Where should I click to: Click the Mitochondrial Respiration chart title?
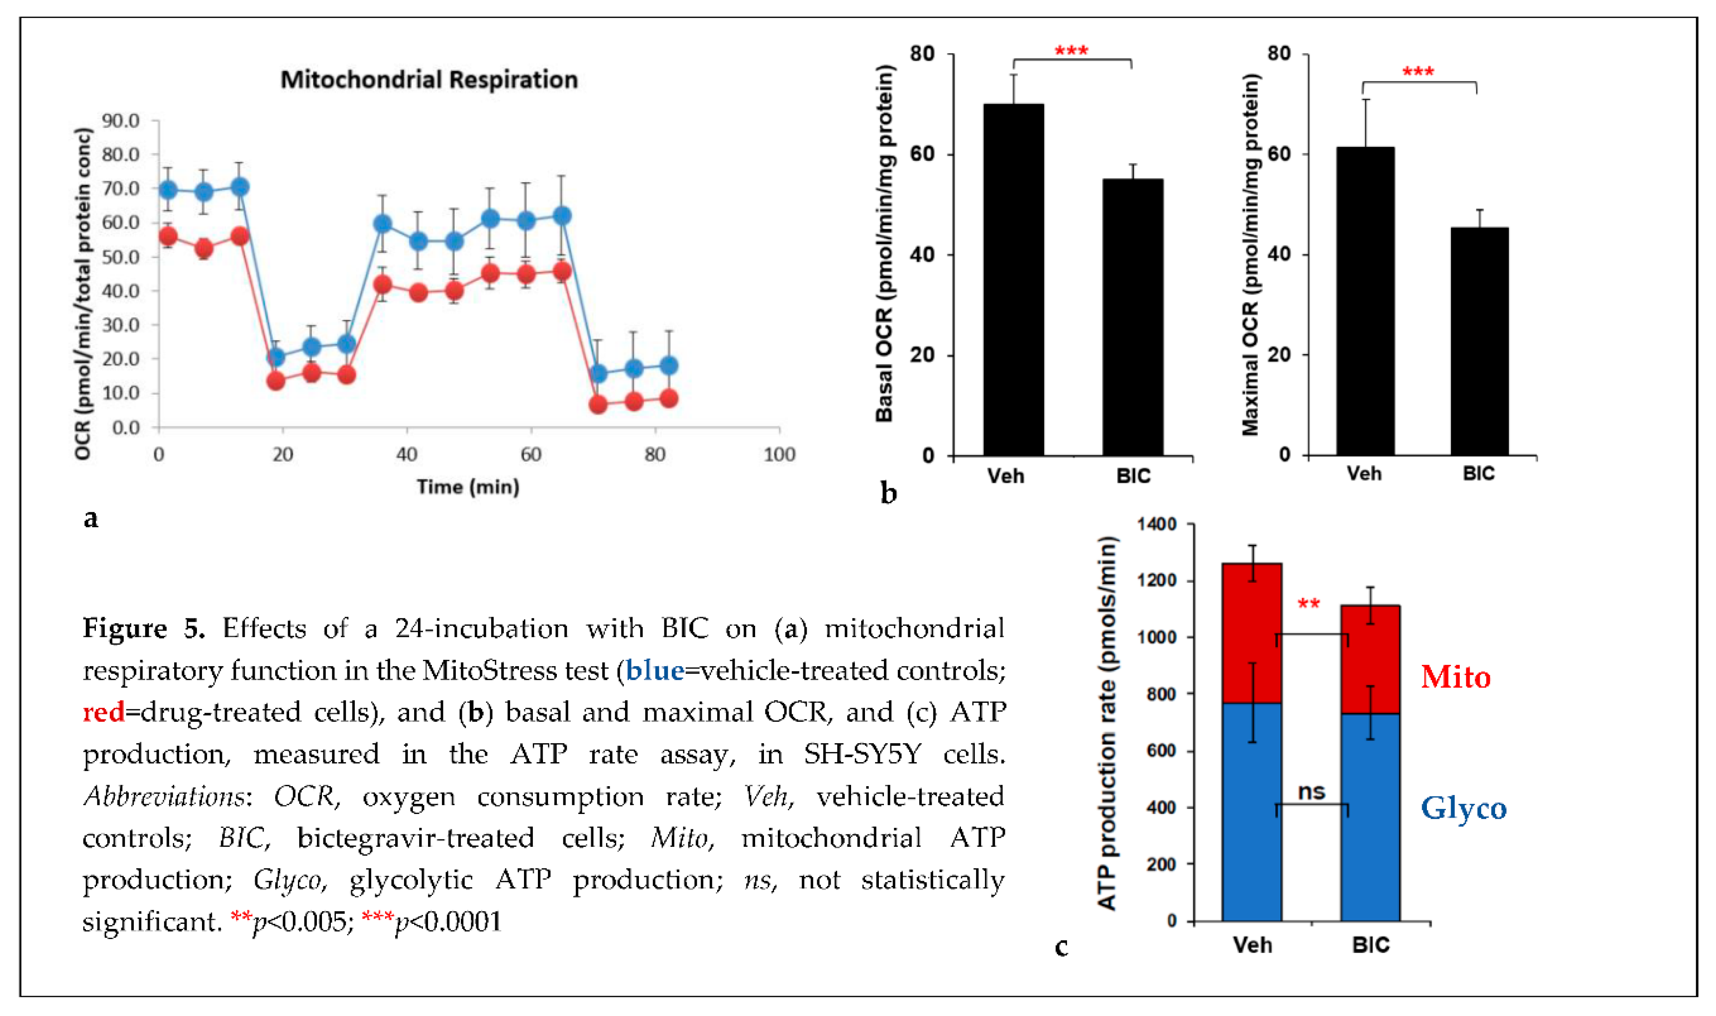tap(429, 80)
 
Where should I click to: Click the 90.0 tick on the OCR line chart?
tap(120, 121)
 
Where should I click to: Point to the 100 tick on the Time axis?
tap(779, 454)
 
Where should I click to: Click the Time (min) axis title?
tap(468, 487)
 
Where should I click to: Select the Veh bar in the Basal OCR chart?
tap(1013, 281)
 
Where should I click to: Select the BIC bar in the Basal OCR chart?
tap(1132, 318)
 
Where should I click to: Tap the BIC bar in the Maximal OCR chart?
tap(1479, 342)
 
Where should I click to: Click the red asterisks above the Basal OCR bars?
tap(1071, 52)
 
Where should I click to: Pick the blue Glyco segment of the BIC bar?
tap(1370, 818)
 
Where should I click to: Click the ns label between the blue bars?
tap(1312, 792)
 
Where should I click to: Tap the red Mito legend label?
tap(1455, 677)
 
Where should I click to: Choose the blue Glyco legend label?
tap(1464, 808)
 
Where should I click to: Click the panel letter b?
tap(889, 493)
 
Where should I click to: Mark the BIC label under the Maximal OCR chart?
tap(1478, 474)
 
